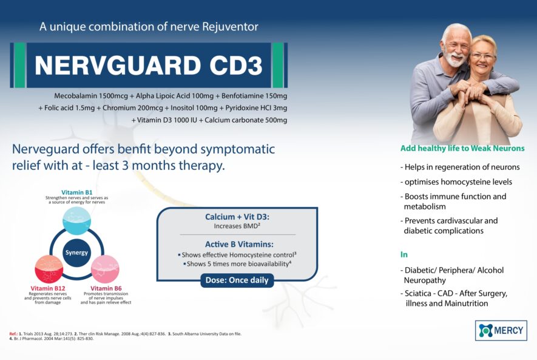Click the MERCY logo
pos(501,330)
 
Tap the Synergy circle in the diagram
pos(76,253)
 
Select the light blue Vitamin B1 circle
pos(76,220)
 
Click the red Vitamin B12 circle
pos(49,269)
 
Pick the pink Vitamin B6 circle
pos(105,269)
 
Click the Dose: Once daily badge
pos(237,280)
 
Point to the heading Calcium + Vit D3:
pos(237,217)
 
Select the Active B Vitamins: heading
pos(239,244)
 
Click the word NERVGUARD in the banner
pos(118,65)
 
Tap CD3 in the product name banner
pos(236,65)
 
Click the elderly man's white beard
pos(454,59)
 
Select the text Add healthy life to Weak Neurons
pos(462,148)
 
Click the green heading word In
pos(404,254)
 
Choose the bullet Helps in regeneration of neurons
pos(460,167)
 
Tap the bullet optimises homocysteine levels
pos(456,182)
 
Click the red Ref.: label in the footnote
pos(13,334)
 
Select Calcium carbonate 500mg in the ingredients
pos(246,120)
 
